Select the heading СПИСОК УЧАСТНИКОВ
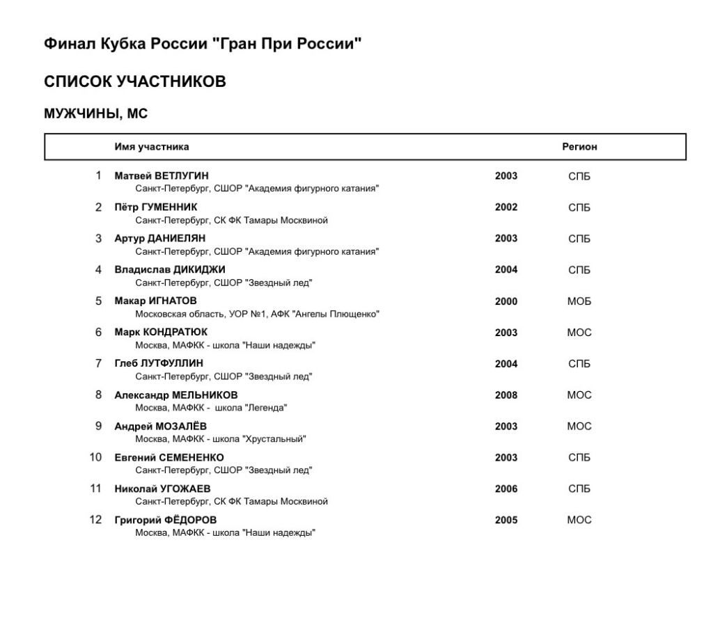click(135, 82)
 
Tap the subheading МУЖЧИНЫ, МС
click(96, 114)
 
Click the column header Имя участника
click(152, 147)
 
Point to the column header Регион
click(579, 147)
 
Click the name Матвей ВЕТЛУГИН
click(162, 175)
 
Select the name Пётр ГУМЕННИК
click(156, 207)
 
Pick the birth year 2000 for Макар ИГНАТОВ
click(506, 301)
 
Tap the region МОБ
click(579, 301)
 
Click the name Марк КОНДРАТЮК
click(161, 332)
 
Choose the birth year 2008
click(506, 395)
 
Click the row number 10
click(96, 457)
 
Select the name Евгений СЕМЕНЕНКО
click(169, 457)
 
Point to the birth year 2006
click(506, 489)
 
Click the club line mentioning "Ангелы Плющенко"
click(257, 314)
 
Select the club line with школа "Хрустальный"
click(221, 439)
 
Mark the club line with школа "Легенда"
click(211, 408)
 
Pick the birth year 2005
click(506, 521)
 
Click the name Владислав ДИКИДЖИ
click(170, 269)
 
